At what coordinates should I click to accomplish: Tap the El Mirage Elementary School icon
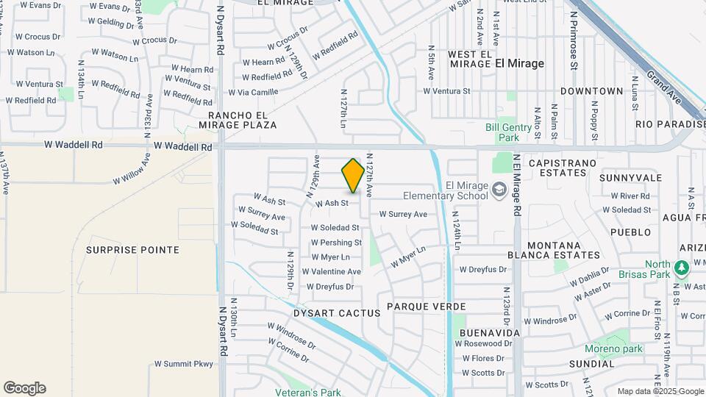coord(500,190)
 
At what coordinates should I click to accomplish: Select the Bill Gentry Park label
coord(508,132)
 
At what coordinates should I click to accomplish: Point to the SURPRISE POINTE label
coord(132,250)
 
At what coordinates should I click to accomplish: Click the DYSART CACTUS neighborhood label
coord(337,312)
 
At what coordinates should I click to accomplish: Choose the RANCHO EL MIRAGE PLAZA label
coord(242,120)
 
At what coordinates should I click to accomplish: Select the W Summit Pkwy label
coord(183,364)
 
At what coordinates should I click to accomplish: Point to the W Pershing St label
coord(336,243)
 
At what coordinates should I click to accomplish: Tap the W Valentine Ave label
coord(336,271)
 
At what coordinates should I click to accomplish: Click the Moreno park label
coord(613,348)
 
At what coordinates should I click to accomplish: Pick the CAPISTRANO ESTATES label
coord(557,168)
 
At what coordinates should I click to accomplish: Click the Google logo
coord(24,388)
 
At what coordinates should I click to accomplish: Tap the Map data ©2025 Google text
coord(660,391)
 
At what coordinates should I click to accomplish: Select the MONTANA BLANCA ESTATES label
coord(554,250)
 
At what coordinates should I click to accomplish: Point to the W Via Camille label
coord(253,92)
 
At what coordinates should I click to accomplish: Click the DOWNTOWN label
coord(591,91)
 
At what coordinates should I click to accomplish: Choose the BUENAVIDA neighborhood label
coord(490,333)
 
